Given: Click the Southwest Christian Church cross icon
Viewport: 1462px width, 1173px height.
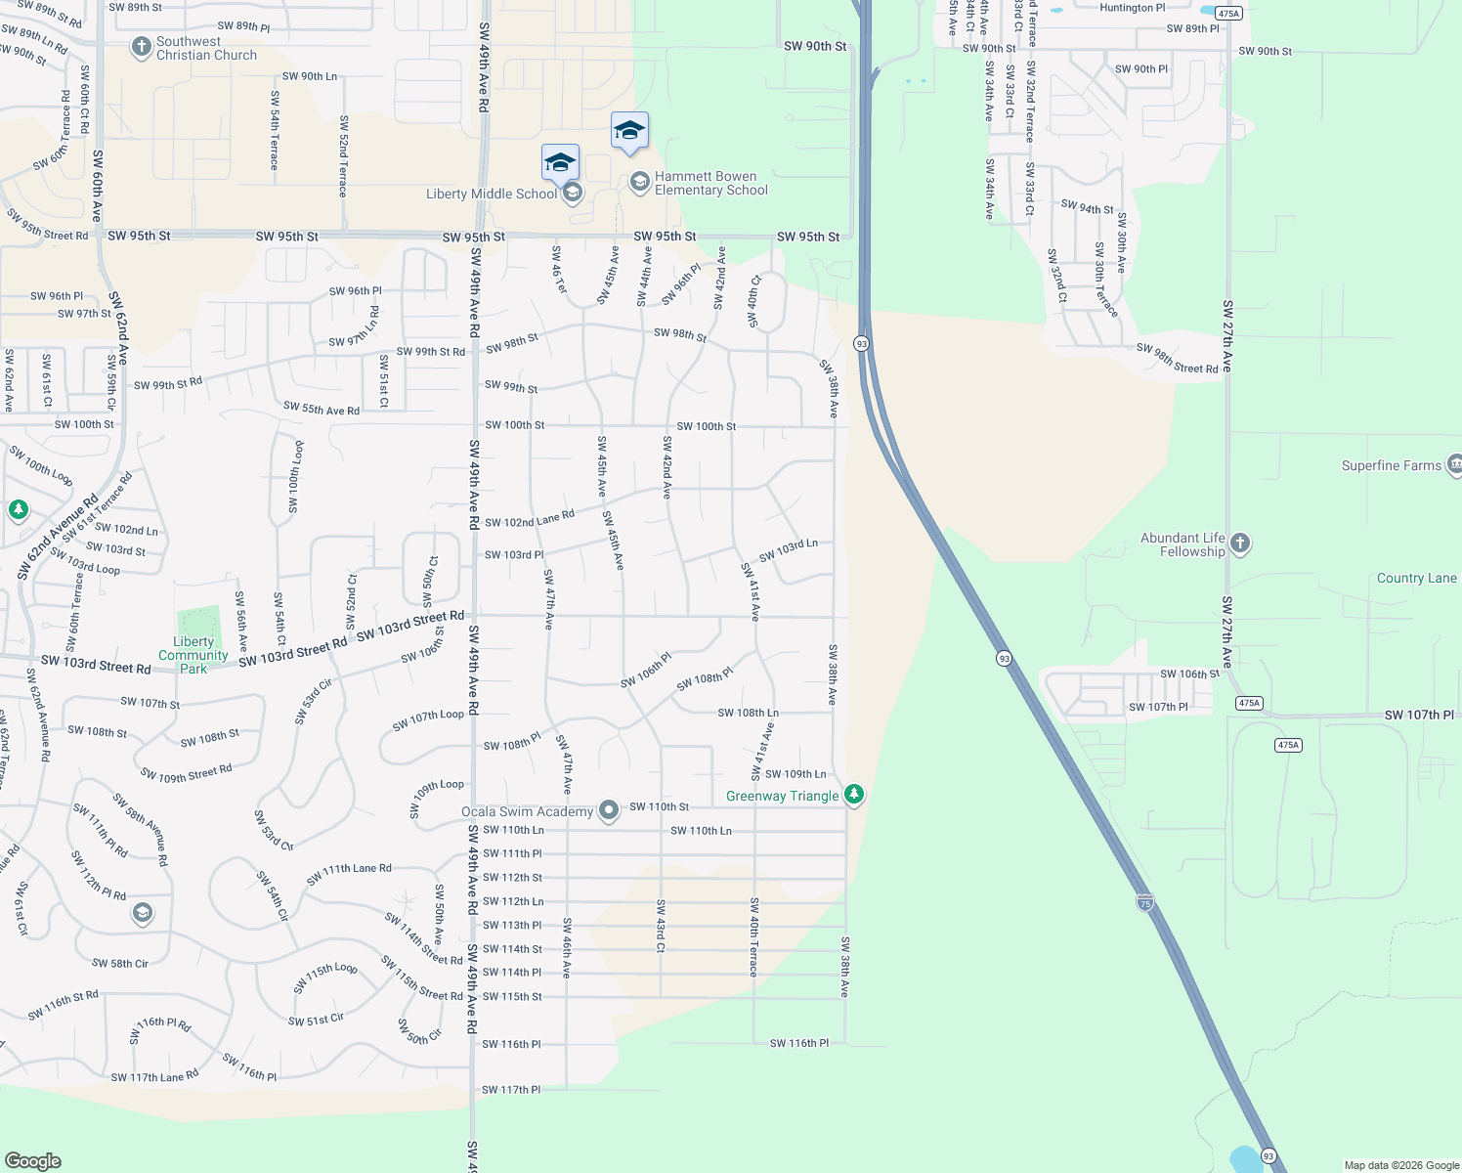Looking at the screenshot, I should pos(142,46).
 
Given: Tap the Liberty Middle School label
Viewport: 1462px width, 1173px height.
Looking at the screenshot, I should pos(491,194).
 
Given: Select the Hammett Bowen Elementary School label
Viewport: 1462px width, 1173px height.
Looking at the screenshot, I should pos(710,184).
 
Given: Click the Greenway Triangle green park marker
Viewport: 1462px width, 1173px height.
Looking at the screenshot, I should pos(854,794).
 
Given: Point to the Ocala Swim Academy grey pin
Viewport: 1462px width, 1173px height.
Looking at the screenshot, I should pos(609,810).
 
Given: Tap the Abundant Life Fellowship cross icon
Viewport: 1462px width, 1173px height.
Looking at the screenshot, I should pos(1240,543).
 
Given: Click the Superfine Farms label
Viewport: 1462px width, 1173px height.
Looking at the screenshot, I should pos(1391,465).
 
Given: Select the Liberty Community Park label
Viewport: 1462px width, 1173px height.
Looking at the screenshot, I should pos(193,655).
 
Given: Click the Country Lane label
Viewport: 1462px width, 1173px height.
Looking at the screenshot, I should pos(1416,578).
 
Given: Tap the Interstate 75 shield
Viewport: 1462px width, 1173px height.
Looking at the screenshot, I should pos(1144,903).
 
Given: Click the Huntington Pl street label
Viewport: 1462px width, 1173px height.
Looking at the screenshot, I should pos(1132,8).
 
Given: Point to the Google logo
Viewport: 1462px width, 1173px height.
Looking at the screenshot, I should pos(33,1160).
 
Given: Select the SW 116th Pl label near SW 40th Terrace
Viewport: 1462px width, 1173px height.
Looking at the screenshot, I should pos(798,1043).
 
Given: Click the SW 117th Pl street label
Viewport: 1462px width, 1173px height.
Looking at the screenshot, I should pos(510,1089).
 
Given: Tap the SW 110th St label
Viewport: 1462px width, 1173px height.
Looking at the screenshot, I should pos(659,806).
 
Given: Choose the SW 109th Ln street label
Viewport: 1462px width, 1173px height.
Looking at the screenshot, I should pos(795,774).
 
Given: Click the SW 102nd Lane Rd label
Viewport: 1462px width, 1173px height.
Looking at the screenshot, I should pos(529,519).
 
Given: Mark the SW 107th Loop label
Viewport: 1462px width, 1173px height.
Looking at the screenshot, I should pos(428,720).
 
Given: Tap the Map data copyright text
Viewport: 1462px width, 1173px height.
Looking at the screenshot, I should pos(1401,1165).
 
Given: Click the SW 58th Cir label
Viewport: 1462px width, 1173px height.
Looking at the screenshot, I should pos(120,963).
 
